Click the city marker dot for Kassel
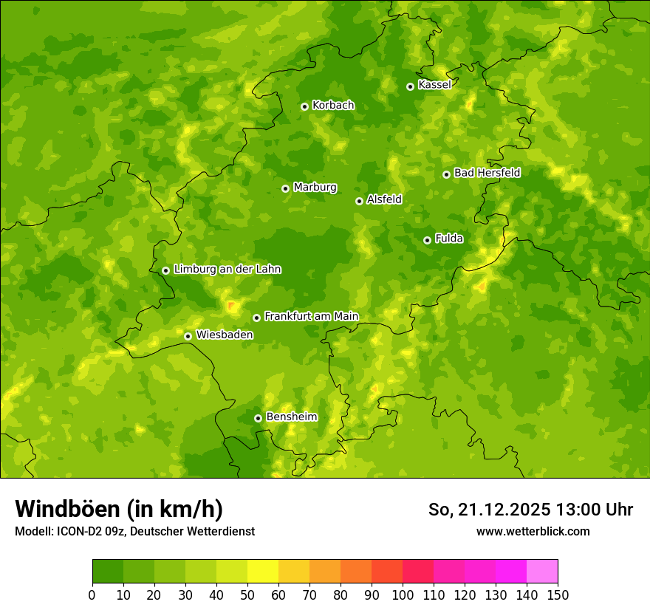[x=410, y=86]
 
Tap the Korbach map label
[x=333, y=106]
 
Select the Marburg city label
[x=315, y=188]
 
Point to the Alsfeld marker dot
[x=359, y=201]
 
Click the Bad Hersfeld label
[x=487, y=173]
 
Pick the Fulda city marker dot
[x=427, y=240]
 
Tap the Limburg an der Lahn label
[x=227, y=270]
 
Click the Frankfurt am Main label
[x=311, y=317]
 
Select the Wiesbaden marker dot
[x=188, y=336]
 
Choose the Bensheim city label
[x=291, y=417]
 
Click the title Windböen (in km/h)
[x=119, y=509]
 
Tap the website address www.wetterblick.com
[x=533, y=531]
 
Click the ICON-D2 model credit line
[x=134, y=531]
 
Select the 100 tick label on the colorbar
[x=403, y=595]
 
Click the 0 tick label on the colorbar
[x=92, y=595]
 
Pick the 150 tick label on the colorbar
[x=558, y=595]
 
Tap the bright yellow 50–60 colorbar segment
[x=263, y=572]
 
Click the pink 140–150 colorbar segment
[x=542, y=572]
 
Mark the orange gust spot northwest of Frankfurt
[x=232, y=306]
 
